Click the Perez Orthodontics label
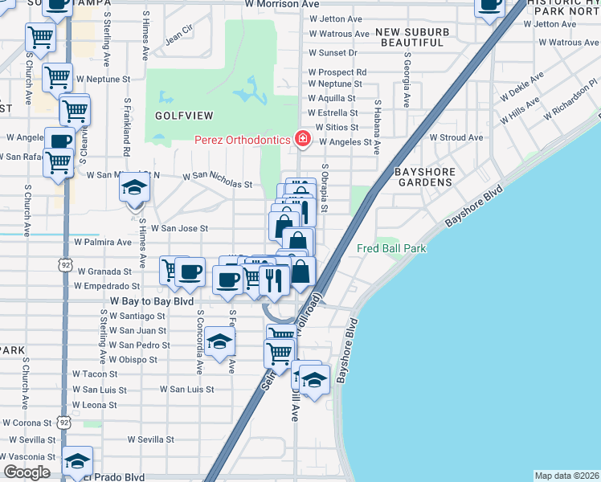(x=242, y=140)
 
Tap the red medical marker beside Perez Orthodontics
(x=303, y=140)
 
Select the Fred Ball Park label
(x=391, y=249)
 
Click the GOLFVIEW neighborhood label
(x=179, y=115)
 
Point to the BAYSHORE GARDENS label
(x=425, y=178)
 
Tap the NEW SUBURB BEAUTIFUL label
(x=411, y=36)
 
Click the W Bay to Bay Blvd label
(x=152, y=301)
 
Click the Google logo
(x=27, y=472)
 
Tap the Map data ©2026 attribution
(x=566, y=476)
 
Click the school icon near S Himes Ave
(x=134, y=189)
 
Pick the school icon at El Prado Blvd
(x=77, y=461)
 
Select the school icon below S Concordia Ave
(x=219, y=341)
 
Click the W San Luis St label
(x=186, y=389)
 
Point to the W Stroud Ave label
(x=456, y=137)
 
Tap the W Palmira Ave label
(x=102, y=242)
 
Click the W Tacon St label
(x=95, y=374)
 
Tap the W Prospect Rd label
(x=337, y=71)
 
